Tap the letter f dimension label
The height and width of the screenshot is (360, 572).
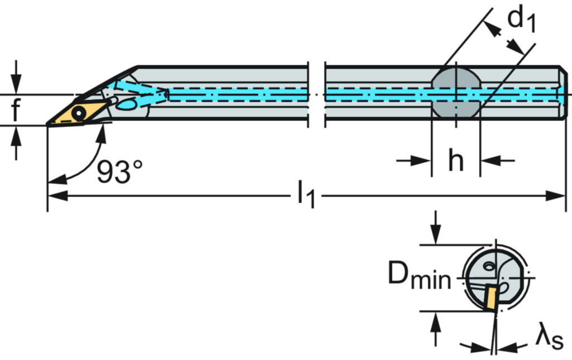click(17, 109)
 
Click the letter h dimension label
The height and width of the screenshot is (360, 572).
click(456, 162)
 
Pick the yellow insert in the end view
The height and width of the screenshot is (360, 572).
click(490, 296)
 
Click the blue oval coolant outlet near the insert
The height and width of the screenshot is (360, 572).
click(127, 104)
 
